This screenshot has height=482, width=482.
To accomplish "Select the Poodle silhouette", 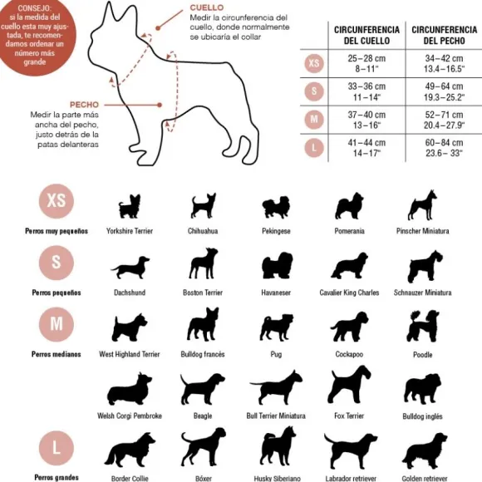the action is tap(423, 326).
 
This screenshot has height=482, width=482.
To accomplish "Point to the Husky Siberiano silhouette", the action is tap(278, 448).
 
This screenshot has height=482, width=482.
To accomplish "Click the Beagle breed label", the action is tap(203, 416).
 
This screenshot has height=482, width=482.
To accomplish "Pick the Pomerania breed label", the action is tap(350, 231).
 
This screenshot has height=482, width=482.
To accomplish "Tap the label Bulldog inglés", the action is tap(423, 416).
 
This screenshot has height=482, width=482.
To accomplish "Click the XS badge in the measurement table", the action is tap(314, 63).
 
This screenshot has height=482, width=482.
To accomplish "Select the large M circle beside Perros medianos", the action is tap(57, 324).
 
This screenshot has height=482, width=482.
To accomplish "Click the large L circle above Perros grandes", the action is tap(57, 448).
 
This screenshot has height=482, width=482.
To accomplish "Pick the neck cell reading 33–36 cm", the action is tap(366, 92).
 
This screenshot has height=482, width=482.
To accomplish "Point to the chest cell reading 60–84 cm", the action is tap(445, 148).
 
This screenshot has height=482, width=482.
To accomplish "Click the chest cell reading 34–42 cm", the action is tap(445, 63).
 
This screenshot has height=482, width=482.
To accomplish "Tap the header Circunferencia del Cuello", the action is tap(366, 35).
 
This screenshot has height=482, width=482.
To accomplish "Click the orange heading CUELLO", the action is tap(207, 7).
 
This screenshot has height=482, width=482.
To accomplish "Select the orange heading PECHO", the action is tap(84, 105).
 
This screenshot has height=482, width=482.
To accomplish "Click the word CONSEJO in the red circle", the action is tap(35, 8).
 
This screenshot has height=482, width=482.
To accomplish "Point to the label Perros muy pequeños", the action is tap(57, 231).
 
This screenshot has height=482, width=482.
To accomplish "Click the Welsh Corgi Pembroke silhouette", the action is tap(130, 389).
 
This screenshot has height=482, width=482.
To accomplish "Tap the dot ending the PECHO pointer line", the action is tap(160, 105).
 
